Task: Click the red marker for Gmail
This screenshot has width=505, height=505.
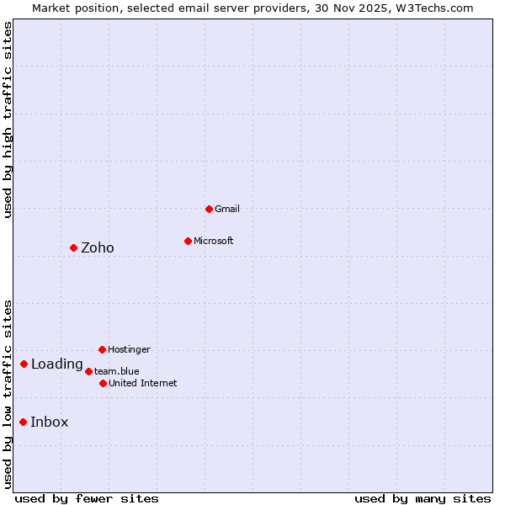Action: (209, 209)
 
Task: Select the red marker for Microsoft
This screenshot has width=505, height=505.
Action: (188, 241)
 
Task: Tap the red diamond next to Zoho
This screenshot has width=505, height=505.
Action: (73, 247)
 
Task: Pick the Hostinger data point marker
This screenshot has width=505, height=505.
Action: (102, 349)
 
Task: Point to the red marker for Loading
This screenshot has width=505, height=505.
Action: (24, 364)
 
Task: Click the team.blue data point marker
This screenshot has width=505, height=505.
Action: (88, 371)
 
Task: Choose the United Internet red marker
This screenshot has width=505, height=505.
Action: (103, 383)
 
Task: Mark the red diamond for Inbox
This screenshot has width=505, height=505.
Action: (23, 423)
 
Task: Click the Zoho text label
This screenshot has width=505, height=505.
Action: (97, 247)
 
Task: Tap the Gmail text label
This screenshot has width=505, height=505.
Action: (227, 209)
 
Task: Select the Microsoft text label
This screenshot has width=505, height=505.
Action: (213, 241)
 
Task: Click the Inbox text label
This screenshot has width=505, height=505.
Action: (49, 423)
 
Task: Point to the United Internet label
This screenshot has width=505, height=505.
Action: (142, 383)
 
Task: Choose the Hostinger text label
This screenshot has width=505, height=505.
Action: (129, 349)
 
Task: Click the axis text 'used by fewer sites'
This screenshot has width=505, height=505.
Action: (87, 498)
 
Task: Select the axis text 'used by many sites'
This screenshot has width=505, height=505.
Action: (423, 498)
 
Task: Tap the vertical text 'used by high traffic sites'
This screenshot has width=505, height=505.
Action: (8, 120)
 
